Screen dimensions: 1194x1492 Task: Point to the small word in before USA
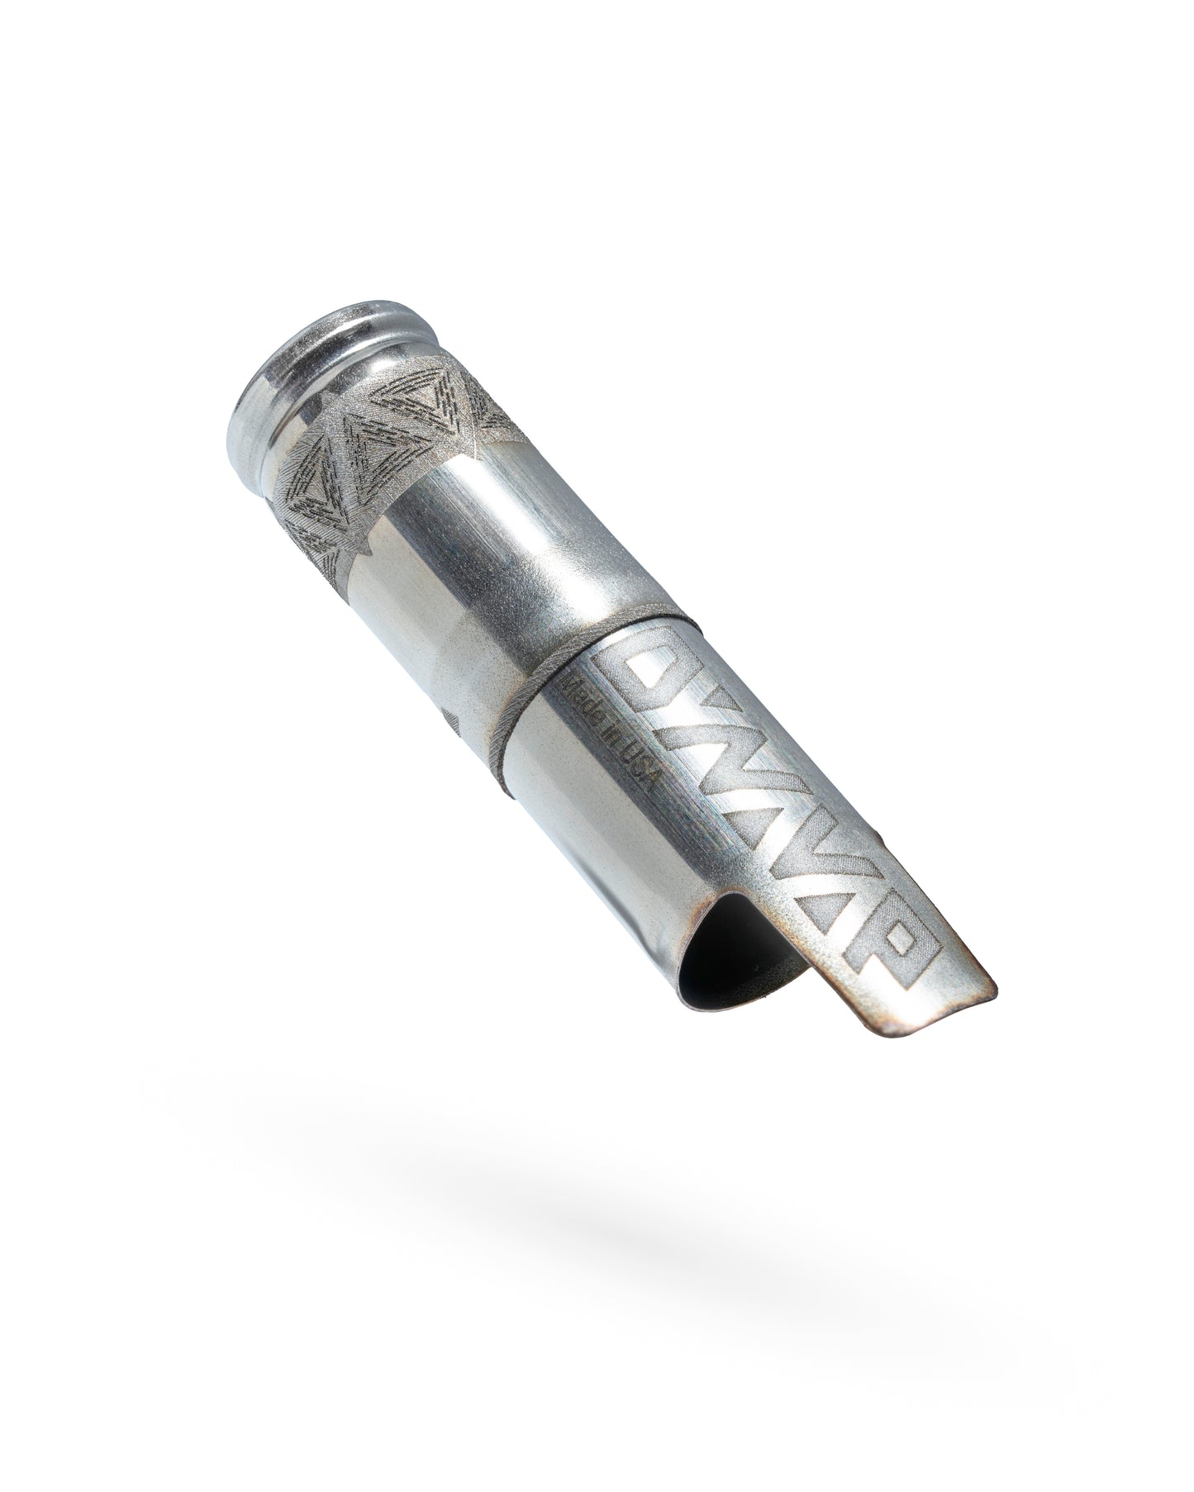tap(609, 738)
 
